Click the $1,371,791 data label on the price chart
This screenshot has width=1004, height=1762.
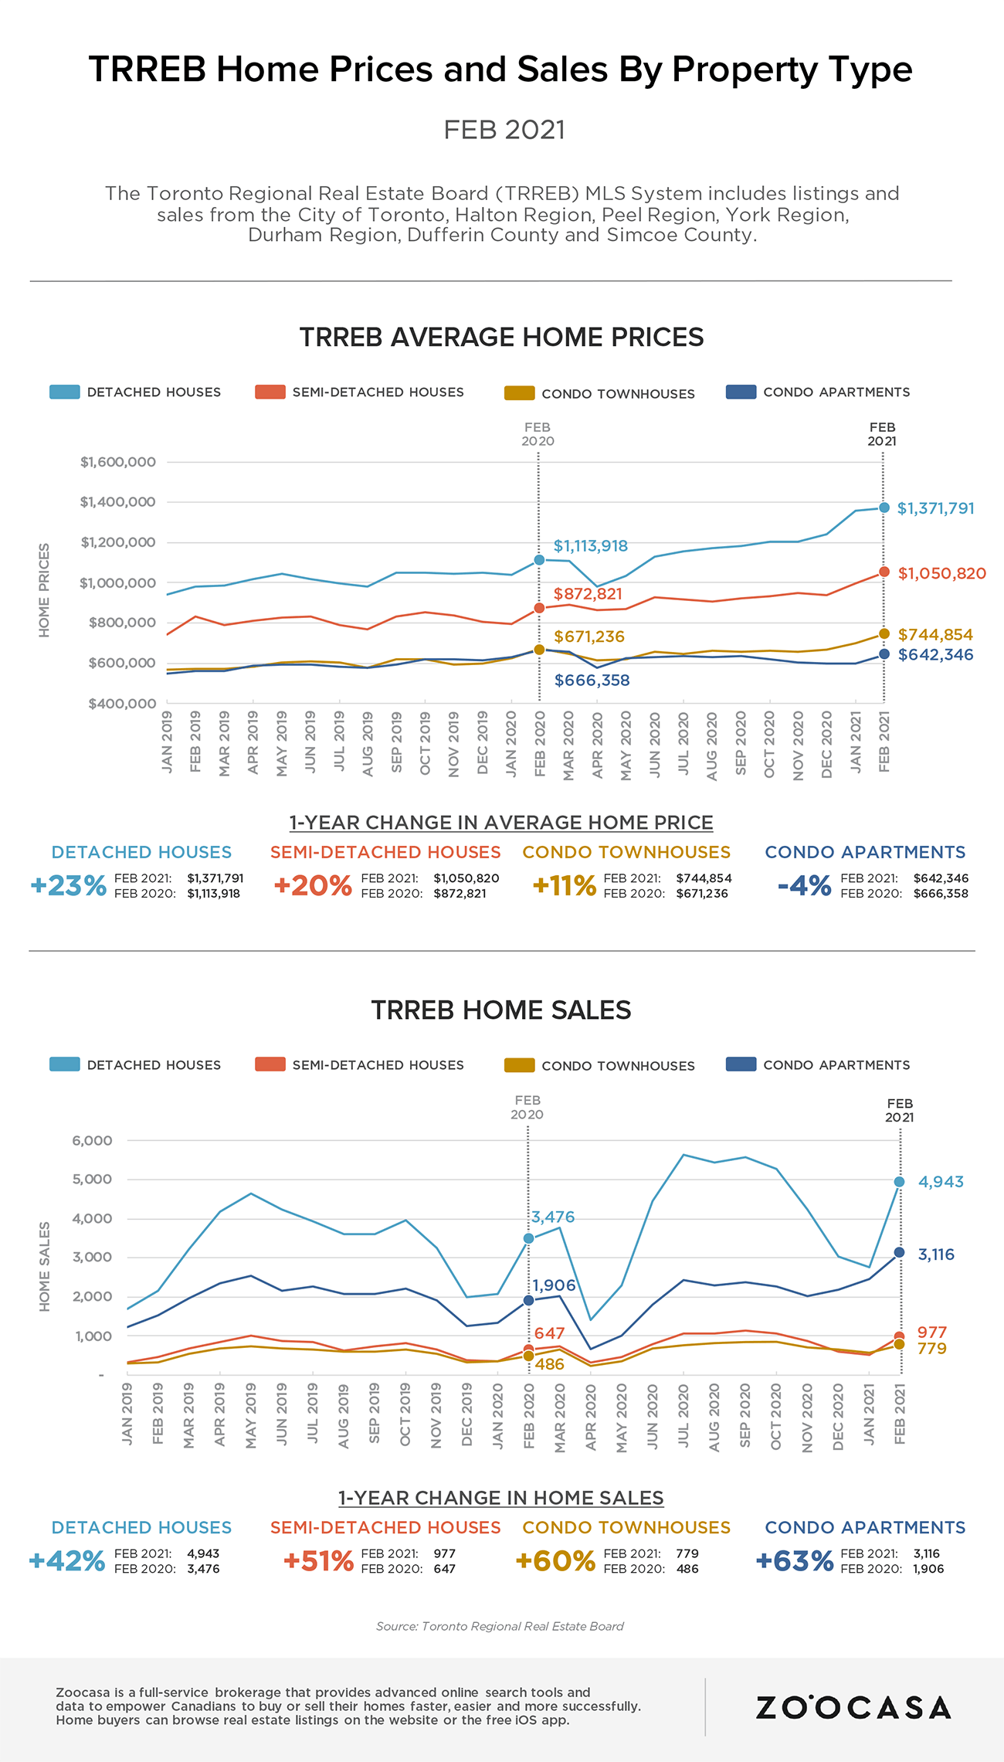[935, 508]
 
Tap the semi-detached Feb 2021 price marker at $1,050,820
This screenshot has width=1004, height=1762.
[884, 572]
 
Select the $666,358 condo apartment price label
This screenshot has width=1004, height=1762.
[592, 681]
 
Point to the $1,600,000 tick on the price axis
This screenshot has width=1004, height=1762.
[118, 462]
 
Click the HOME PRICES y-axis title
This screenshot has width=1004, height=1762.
[44, 590]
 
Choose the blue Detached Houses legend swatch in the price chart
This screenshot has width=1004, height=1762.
[64, 392]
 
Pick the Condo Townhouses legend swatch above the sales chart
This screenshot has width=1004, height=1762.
[519, 1065]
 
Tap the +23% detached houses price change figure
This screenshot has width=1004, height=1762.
[68, 885]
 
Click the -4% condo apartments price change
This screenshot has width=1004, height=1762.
[804, 885]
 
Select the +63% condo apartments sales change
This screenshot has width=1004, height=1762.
[795, 1560]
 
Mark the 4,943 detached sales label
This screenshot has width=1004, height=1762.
[941, 1182]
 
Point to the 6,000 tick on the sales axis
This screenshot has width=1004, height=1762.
[93, 1140]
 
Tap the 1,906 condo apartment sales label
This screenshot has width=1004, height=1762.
[554, 1285]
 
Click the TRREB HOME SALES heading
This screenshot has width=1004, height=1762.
[501, 1010]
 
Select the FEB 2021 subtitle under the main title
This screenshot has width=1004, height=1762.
[504, 130]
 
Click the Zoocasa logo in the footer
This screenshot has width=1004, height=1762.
[853, 1707]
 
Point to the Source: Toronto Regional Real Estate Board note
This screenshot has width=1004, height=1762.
[500, 1626]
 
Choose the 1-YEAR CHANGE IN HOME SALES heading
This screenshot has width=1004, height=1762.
[501, 1498]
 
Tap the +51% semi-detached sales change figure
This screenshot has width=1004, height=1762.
[318, 1560]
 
